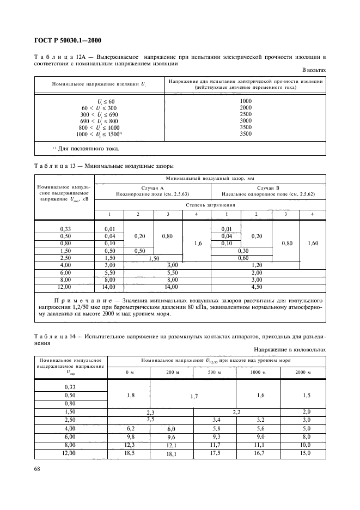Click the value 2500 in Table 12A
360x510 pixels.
(246, 114)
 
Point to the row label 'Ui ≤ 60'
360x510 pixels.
(107, 101)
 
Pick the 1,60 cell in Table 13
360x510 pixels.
(313, 244)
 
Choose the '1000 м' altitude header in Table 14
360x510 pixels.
(258, 372)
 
